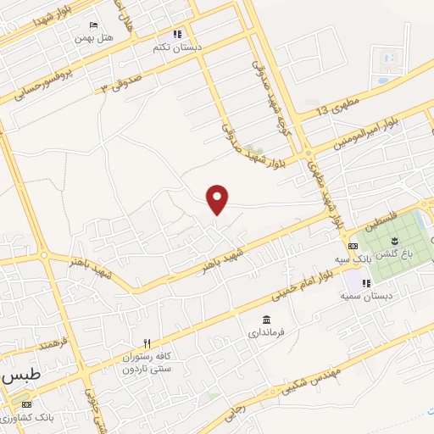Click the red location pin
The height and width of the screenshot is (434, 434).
click(x=219, y=199)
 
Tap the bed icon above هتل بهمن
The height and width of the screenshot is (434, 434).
click(x=93, y=26)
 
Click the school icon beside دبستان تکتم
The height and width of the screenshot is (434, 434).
click(x=177, y=35)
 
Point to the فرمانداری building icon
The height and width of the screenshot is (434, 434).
click(x=267, y=320)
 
